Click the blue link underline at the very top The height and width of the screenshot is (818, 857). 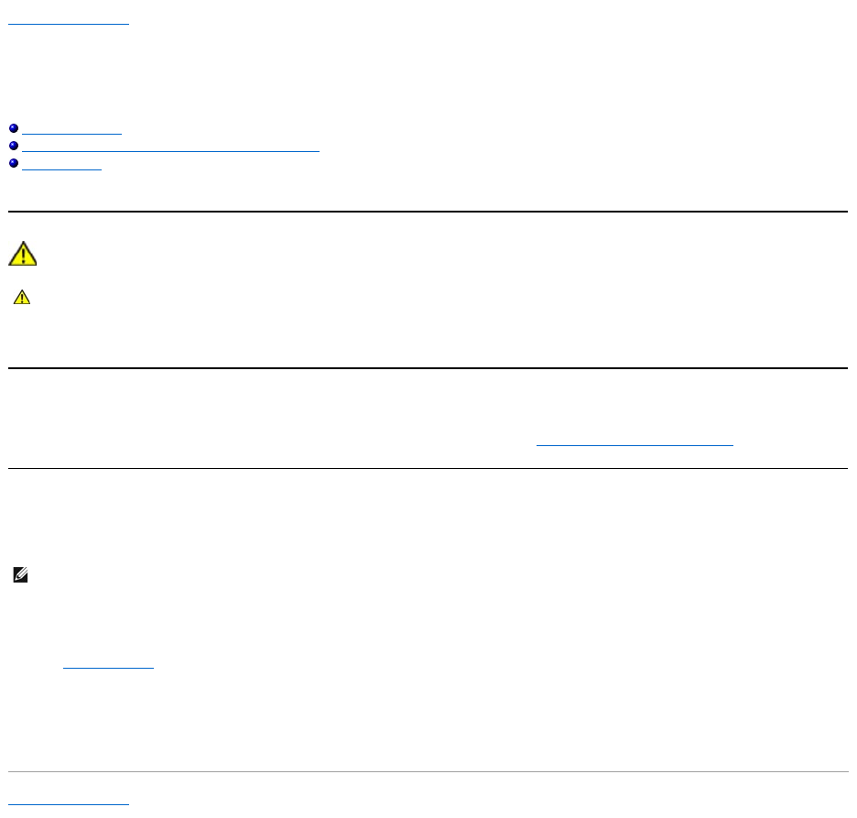[69, 24]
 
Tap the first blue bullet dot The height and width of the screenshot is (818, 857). [13, 133]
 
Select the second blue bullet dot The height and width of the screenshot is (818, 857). [13, 147]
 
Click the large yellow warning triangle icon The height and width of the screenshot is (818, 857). [22, 254]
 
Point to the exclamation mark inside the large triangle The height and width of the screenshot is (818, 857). [22, 256]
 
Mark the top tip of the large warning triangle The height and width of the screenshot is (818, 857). [22, 243]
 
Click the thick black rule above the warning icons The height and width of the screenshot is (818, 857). [428, 212]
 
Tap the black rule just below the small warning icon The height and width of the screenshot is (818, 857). [428, 368]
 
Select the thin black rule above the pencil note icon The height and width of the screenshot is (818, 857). [428, 469]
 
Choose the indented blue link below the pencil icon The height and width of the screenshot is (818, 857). [108, 668]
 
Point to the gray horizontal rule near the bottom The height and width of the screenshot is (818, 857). [428, 772]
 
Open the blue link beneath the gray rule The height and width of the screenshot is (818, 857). [69, 803]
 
